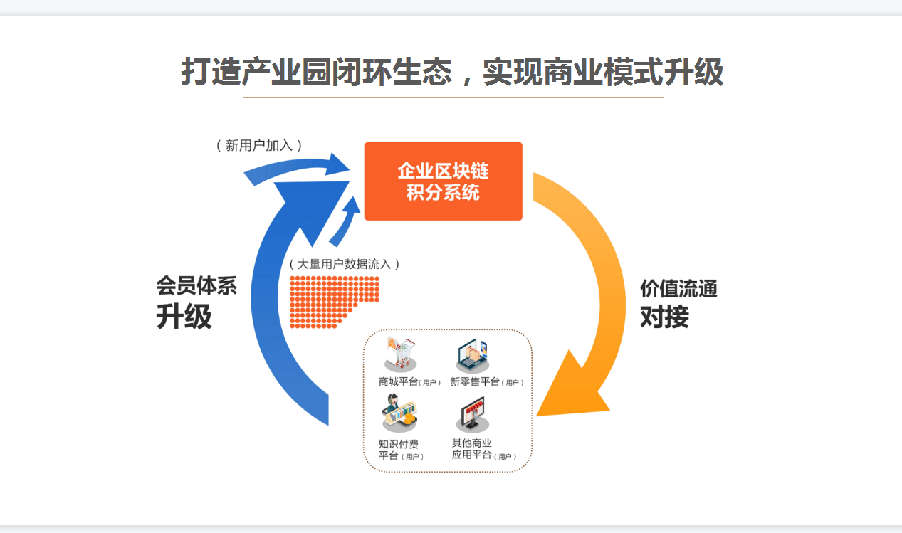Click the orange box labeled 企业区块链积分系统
click(444, 181)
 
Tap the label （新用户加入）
click(259, 145)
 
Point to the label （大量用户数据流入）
click(345, 264)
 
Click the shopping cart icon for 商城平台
click(400, 354)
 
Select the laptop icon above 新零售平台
click(472, 356)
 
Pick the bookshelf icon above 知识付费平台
click(399, 413)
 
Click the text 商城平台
click(398, 381)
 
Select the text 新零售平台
click(475, 381)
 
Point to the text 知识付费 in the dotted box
click(398, 444)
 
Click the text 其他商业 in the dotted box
click(471, 443)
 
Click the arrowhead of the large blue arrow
click(313, 210)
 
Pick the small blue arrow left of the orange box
click(345, 222)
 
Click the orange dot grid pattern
click(334, 302)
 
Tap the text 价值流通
click(679, 289)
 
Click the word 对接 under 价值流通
click(664, 317)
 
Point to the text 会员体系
click(196, 286)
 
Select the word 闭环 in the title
click(362, 72)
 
